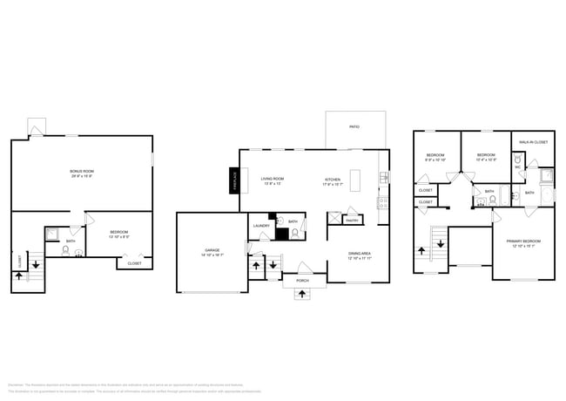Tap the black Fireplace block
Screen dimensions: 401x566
coord(234,180)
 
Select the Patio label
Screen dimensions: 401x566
coord(354,127)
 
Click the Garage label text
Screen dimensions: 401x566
coord(213,253)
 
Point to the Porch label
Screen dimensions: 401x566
coord(302,280)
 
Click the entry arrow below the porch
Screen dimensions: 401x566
coord(302,294)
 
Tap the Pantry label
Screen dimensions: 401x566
coord(353,221)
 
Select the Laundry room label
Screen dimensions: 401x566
coord(261,226)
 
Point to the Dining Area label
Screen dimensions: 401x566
coord(360,255)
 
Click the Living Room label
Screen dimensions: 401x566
coord(273,180)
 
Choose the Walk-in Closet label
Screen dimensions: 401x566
coord(533,141)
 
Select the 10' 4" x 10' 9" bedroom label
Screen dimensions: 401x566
coord(487,157)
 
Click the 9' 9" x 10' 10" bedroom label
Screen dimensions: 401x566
coord(435,157)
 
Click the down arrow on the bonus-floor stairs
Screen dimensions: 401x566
coord(36,262)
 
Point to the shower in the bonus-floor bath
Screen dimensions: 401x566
coord(53,234)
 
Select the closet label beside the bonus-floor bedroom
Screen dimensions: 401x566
coord(134,262)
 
